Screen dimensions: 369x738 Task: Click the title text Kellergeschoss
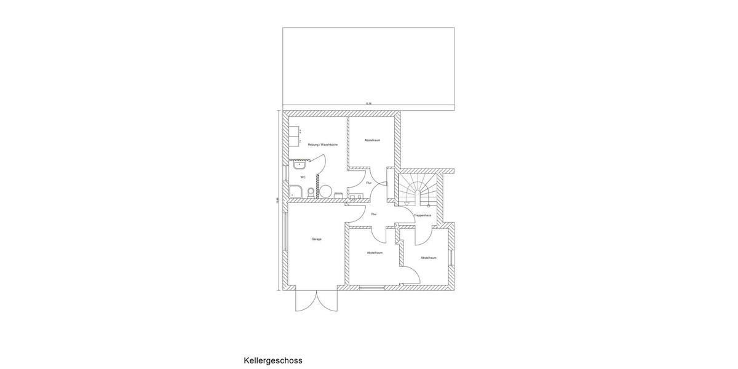273,360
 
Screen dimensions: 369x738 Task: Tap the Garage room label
316,239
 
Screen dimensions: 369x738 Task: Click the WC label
303,177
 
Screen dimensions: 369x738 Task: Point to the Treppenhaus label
423,215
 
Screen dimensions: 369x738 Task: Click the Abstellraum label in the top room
372,140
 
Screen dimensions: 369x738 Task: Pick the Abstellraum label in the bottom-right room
429,258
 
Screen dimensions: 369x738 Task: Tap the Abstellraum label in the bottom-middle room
375,253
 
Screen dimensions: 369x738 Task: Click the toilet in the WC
311,194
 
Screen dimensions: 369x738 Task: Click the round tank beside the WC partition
327,191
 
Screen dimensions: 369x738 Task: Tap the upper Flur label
368,183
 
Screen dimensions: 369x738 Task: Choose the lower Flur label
373,214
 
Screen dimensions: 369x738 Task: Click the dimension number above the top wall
368,103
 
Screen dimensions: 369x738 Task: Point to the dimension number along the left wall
277,200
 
